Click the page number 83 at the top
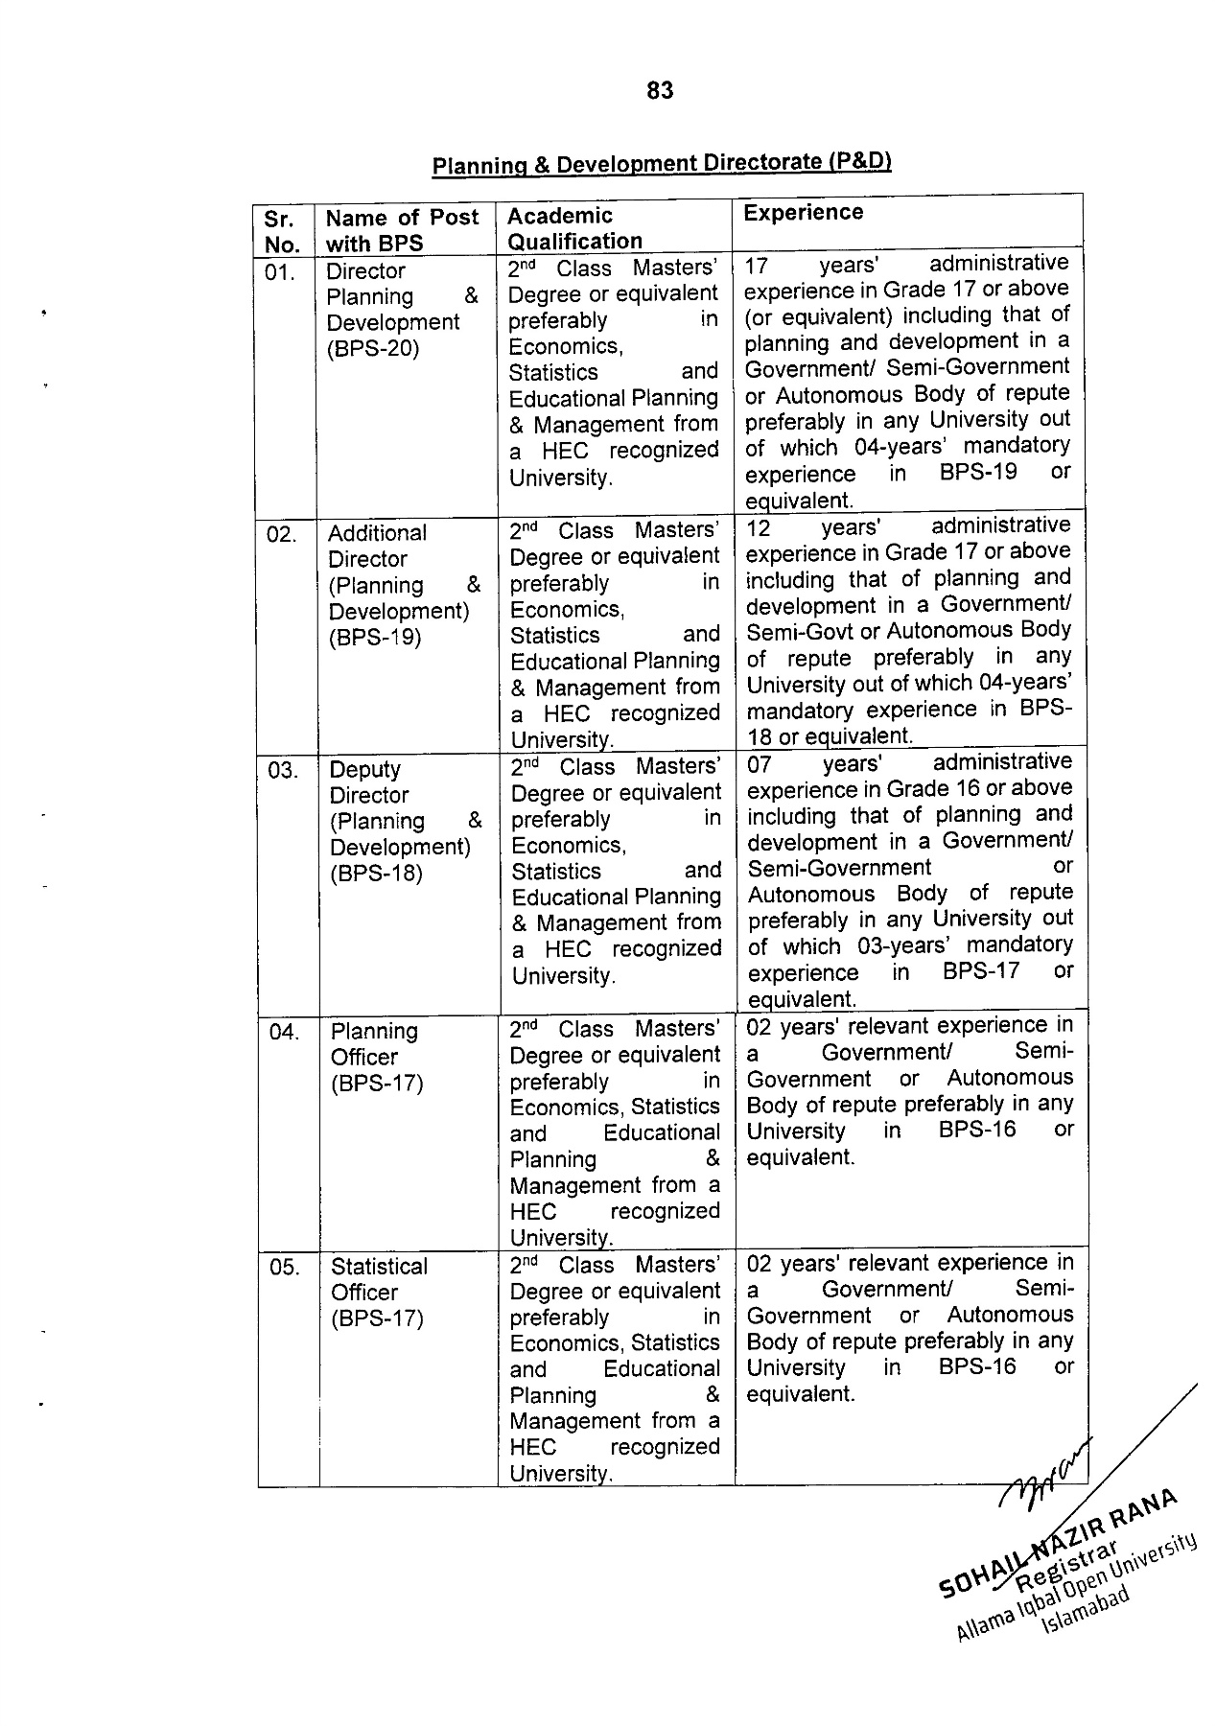(660, 90)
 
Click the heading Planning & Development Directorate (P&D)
(662, 163)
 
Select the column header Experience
(803, 213)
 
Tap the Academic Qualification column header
(574, 228)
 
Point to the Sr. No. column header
(282, 231)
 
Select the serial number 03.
(283, 771)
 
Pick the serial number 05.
(285, 1268)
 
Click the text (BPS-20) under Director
(373, 348)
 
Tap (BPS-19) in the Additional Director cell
(375, 638)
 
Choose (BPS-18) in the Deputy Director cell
(376, 874)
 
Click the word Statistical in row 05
(379, 1267)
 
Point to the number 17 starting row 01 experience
(758, 264)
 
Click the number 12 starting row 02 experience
(759, 526)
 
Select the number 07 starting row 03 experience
(760, 764)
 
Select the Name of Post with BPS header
(402, 230)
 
